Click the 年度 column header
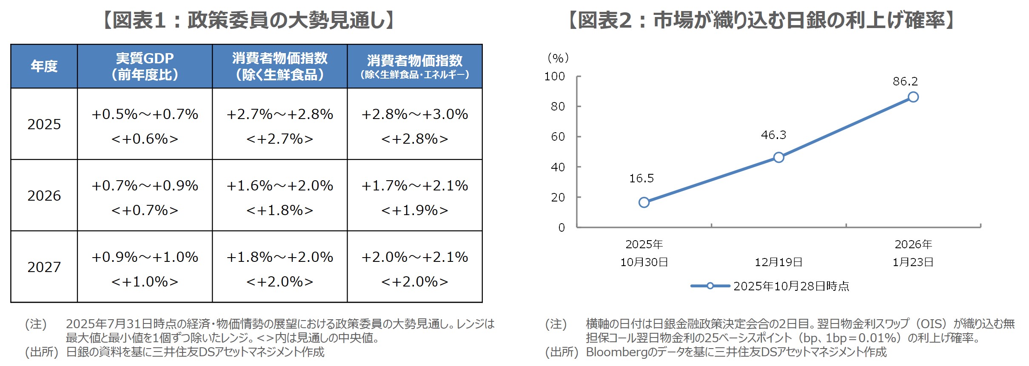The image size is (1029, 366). [x=44, y=66]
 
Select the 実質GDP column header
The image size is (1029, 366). [x=145, y=66]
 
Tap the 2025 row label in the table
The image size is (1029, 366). [x=44, y=124]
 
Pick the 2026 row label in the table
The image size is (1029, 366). [x=44, y=196]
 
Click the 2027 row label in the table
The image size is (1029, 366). [x=44, y=267]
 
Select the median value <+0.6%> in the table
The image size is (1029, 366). [x=145, y=139]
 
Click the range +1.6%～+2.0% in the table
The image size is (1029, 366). [x=279, y=186]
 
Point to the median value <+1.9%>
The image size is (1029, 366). [x=414, y=210]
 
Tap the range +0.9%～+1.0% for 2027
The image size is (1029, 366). [x=145, y=257]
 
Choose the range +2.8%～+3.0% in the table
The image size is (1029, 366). [x=414, y=114]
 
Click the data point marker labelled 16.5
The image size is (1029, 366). [x=644, y=202]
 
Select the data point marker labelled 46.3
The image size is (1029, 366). [x=778, y=157]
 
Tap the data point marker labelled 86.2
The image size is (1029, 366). [x=913, y=97]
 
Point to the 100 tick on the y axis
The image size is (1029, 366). [x=555, y=77]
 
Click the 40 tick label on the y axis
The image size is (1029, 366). [x=558, y=167]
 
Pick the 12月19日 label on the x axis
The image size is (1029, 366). [x=778, y=262]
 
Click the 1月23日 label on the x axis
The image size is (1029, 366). [x=913, y=262]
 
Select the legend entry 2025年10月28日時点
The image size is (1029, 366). [x=791, y=286]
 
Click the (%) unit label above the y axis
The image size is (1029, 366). [x=558, y=58]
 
